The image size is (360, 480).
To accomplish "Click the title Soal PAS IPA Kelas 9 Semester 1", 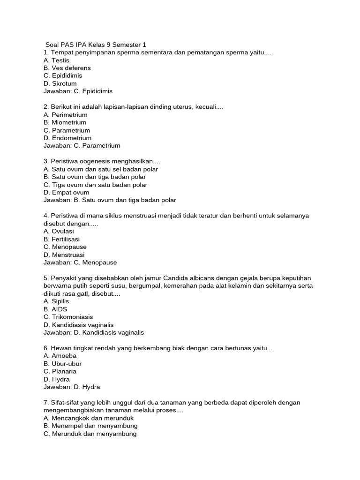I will pos(96,45).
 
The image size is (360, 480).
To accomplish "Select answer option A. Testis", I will pos(56,60).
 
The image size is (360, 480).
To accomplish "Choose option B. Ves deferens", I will pos(67,68).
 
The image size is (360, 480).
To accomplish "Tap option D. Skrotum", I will pos(60,83).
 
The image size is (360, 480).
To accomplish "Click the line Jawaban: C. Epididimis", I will pos(78,91).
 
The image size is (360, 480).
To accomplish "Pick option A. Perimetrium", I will pos(65,115).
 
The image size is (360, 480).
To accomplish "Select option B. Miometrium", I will pos(65,122).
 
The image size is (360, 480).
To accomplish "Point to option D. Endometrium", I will pos(67,138).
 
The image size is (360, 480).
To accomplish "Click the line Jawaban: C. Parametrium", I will pos(82,146).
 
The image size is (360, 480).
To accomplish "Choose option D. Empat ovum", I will pos(66,192).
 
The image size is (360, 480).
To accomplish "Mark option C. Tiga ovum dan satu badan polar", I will pos(95,185).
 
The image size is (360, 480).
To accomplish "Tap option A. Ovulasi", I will pos(59,231).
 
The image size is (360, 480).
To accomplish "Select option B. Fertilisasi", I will pos(61,239).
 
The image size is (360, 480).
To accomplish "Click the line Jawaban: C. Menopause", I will pos(80,262).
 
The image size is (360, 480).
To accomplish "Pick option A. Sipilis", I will pos(56,301).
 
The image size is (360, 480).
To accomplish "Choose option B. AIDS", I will pos(55,309).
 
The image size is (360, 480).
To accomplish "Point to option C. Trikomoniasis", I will pos(68,317).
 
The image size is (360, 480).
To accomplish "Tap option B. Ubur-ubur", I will pos(62,364).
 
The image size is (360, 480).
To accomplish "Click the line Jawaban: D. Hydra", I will pos(72,387).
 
